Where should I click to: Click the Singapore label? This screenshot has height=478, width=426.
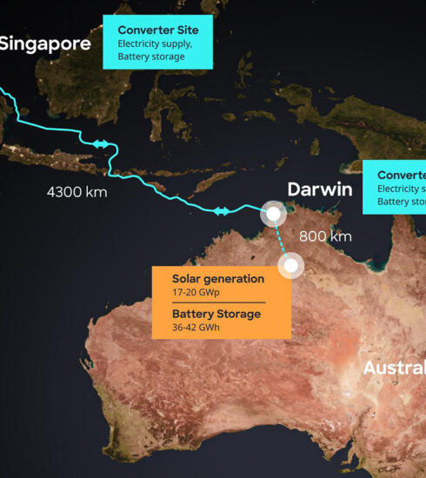(44, 43)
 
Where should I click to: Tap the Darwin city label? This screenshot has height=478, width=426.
(320, 189)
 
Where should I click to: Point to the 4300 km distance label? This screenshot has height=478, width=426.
(77, 192)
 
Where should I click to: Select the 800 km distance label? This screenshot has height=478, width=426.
(325, 236)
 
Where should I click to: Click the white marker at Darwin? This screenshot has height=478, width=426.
(274, 213)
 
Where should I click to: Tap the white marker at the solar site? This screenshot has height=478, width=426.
(291, 265)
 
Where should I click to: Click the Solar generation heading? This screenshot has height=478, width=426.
(218, 279)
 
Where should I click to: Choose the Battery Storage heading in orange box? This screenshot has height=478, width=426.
(216, 315)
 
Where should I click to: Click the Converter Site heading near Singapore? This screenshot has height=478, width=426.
(158, 30)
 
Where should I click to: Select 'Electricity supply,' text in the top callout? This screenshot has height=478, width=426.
(156, 43)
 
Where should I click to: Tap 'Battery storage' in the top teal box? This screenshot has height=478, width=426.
(151, 56)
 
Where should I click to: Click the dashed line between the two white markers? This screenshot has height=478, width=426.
(282, 239)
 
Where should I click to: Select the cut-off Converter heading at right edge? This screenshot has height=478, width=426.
(401, 175)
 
